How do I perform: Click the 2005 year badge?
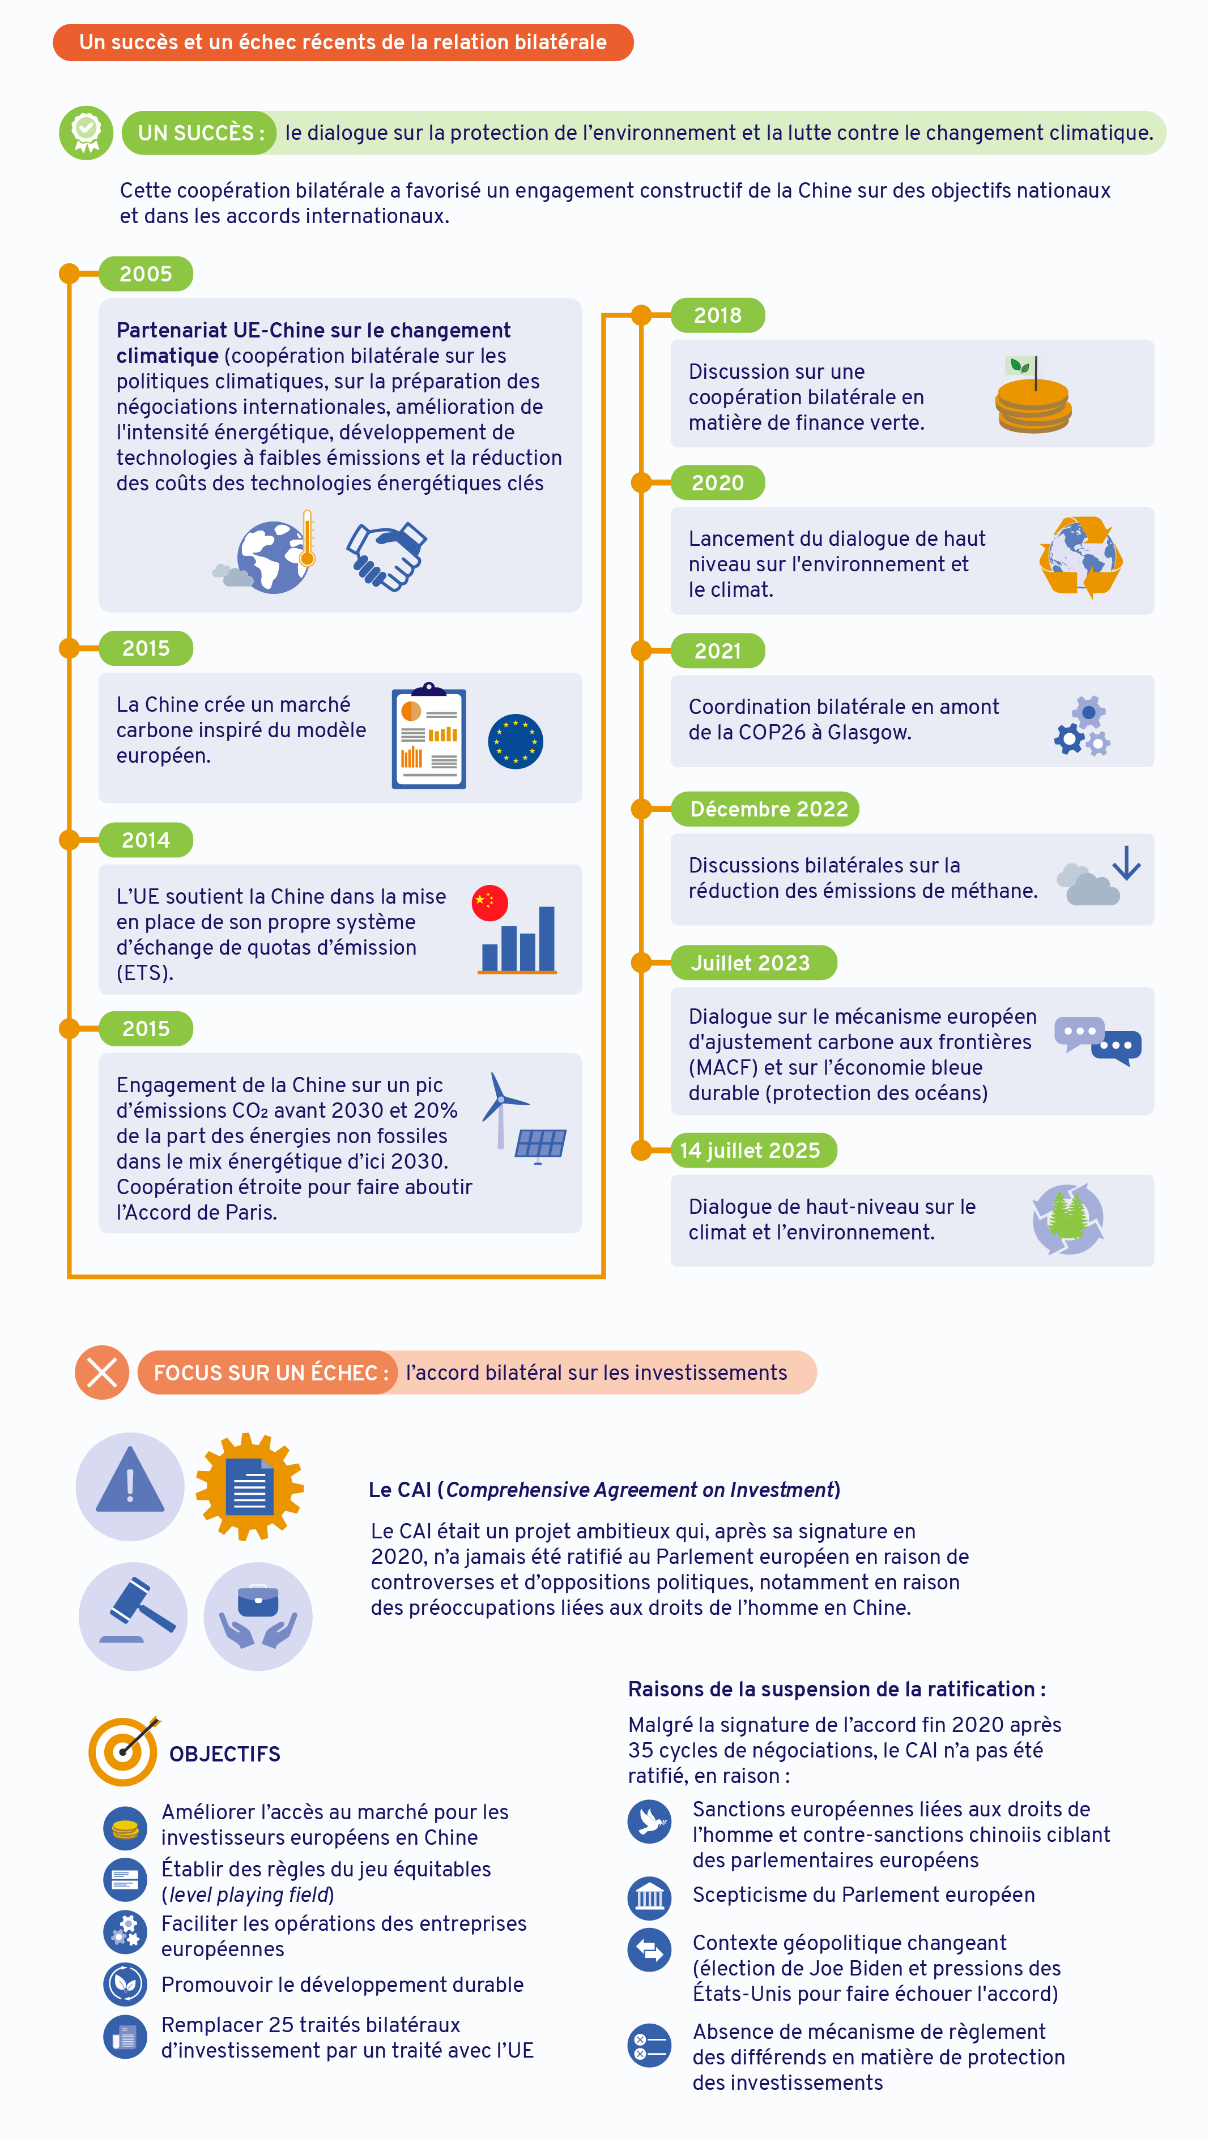[146, 274]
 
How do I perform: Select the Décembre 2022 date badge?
[765, 809]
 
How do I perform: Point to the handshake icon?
[387, 556]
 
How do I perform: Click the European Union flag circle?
[516, 741]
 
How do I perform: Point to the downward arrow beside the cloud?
[1127, 863]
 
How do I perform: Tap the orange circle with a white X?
[102, 1372]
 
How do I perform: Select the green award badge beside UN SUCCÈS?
[86, 133]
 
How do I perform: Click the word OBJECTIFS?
[225, 1754]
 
